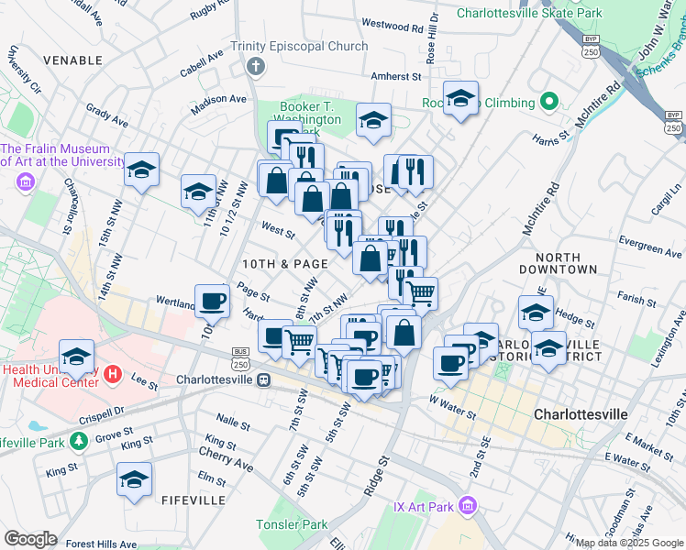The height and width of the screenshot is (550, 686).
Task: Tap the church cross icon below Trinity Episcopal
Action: point(255,67)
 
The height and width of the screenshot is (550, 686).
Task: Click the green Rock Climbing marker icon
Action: point(549,101)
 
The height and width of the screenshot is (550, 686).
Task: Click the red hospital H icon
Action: point(113,373)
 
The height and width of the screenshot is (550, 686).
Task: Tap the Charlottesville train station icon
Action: point(263,379)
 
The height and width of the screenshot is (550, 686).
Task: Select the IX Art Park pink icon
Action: point(468,505)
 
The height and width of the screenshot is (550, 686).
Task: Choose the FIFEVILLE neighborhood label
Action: point(193,500)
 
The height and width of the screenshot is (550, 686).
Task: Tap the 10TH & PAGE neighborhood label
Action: point(284,263)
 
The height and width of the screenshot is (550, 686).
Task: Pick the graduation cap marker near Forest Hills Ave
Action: point(134,479)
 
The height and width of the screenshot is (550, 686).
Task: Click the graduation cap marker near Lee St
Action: point(77,357)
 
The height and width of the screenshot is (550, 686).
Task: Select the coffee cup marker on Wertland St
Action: point(213,300)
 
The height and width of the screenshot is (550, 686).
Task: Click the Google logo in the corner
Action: point(30,539)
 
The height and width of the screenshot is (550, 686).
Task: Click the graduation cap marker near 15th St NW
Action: point(142,170)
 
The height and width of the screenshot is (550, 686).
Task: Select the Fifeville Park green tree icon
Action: point(80,442)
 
